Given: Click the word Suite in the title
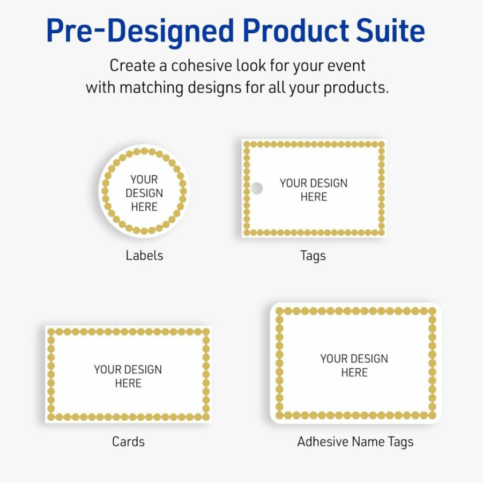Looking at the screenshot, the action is pos(390,30).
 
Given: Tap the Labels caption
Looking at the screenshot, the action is pos(144,255).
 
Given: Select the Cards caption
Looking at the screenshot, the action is pos(129,441).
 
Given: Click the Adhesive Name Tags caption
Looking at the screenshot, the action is pos(355,442).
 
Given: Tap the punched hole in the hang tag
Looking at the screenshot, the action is pos(256,188).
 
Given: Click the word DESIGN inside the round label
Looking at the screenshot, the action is pos(144,193).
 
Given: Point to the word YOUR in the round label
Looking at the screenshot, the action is pos(144,179).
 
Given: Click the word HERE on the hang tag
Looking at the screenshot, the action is pos(314,197).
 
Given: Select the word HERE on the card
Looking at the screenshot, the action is pos(128,383).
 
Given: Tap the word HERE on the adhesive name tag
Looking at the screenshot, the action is pos(354,373).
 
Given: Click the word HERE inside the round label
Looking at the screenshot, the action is pos(144,207).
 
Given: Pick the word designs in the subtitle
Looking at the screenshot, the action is pos(215,87).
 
